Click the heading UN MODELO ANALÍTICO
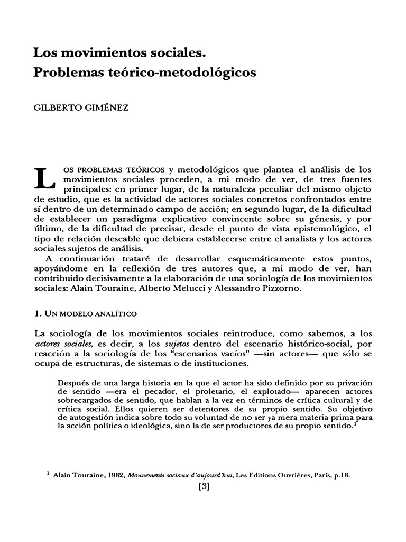click(89, 313)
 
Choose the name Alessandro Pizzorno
click(281, 288)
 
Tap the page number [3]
click(203, 487)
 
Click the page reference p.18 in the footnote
click(342, 475)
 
